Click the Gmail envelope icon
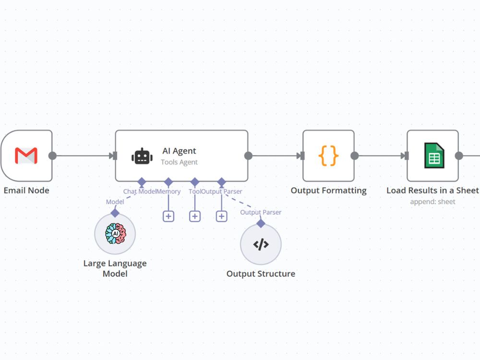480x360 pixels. (26, 156)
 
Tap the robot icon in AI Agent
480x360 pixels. (142, 156)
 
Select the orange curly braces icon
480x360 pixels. (328, 156)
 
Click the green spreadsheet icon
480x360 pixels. (434, 156)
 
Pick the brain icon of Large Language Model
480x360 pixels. (115, 234)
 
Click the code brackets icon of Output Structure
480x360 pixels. (261, 244)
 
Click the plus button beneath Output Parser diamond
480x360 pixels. (221, 216)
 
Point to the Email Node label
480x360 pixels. (26, 191)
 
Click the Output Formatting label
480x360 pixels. (328, 191)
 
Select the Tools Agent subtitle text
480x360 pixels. (179, 162)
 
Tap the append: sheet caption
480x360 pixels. (432, 202)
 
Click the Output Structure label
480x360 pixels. (261, 274)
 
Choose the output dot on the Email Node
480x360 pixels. (52, 156)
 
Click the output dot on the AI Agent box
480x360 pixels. (248, 156)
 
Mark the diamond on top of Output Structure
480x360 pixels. (261, 223)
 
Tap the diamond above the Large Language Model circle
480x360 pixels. (115, 213)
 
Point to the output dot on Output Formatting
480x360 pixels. (354, 156)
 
